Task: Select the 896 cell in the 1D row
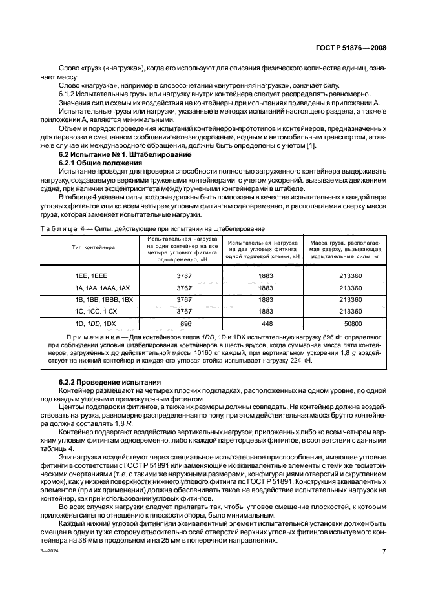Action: tap(186, 323)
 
